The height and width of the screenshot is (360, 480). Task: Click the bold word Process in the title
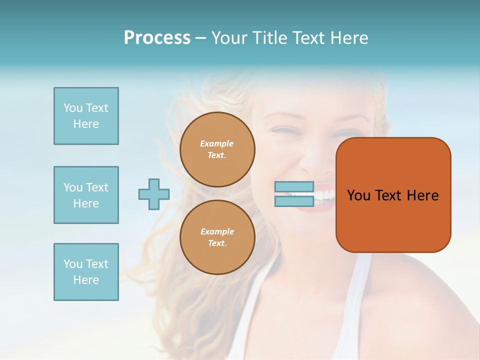pyautogui.click(x=157, y=38)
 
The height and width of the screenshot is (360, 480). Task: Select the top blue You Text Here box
pyautogui.click(x=86, y=116)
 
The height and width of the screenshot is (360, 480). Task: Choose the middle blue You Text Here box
pyautogui.click(x=86, y=195)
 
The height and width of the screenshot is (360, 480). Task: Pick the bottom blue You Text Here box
pyautogui.click(x=86, y=272)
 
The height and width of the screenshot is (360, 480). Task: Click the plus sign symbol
pyautogui.click(x=154, y=194)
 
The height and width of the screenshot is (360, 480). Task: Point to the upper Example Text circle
pyautogui.click(x=217, y=149)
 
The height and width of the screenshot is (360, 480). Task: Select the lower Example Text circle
pyautogui.click(x=217, y=237)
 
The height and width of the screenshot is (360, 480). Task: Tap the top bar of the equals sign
pyautogui.click(x=294, y=187)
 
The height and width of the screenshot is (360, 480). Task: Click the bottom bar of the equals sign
pyautogui.click(x=294, y=201)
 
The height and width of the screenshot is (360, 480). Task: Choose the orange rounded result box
pyautogui.click(x=393, y=220)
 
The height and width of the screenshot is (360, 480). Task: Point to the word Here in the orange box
pyautogui.click(x=422, y=195)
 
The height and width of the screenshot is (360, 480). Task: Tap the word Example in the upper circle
pyautogui.click(x=217, y=143)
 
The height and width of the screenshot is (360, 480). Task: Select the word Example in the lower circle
pyautogui.click(x=217, y=231)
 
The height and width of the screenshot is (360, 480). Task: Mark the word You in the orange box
pyautogui.click(x=358, y=195)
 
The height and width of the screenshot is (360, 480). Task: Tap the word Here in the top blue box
pyautogui.click(x=86, y=124)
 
